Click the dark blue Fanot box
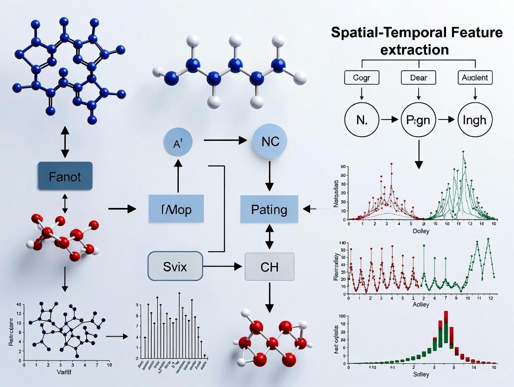tap(65, 177)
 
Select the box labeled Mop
tap(176, 208)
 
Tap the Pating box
tap(269, 209)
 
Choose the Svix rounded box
tap(176, 266)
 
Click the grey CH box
tap(269, 267)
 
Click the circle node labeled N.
tap(362, 120)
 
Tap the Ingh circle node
tap(474, 120)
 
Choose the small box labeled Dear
tap(419, 78)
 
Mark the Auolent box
tap(474, 78)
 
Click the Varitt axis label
tap(66, 372)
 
